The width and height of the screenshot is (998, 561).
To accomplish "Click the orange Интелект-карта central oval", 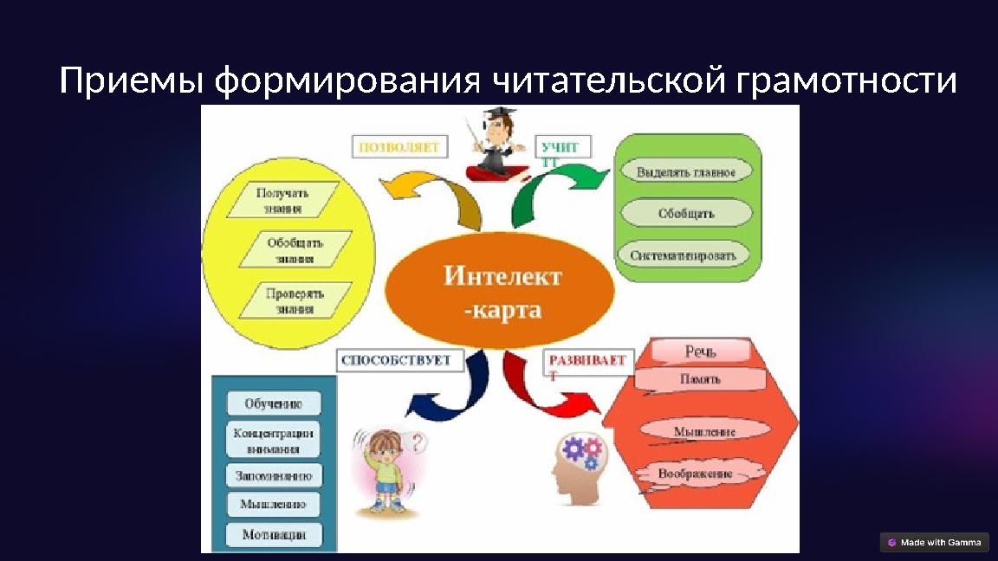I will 500,292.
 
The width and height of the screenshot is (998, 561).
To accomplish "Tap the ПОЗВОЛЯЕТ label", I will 399,148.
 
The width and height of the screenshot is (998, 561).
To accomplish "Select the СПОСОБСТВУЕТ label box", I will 398,360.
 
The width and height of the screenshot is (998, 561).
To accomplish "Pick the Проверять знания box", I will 295,300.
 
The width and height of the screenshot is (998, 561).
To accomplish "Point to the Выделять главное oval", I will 686,172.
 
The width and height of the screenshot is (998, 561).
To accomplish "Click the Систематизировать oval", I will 684,255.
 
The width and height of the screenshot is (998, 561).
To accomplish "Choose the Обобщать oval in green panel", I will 686,213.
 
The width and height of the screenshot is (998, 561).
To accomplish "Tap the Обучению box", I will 274,403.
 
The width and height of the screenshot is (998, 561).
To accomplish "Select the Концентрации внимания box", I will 274,440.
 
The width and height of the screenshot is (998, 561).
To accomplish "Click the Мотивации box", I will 274,534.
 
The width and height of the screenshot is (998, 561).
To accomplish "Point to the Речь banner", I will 700,351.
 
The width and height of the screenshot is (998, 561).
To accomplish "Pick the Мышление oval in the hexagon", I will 704,431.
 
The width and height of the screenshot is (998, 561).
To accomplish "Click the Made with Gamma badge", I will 934,542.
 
